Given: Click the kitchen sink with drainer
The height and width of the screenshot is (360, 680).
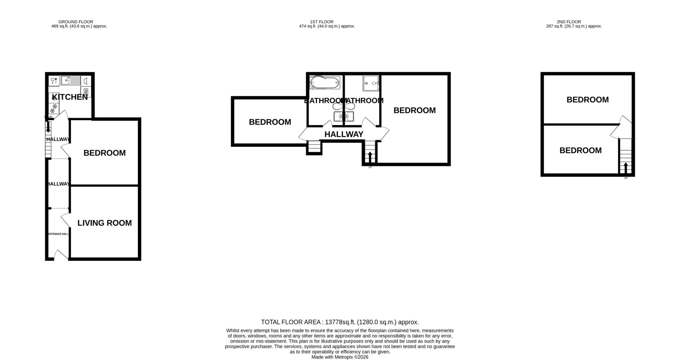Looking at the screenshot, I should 70,80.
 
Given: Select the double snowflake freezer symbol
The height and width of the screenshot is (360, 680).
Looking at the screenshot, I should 53,107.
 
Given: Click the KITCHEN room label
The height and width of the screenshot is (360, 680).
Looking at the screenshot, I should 70,97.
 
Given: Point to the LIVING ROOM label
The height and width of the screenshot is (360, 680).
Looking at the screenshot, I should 105,223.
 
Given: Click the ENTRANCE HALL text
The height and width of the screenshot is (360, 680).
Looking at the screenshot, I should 58,234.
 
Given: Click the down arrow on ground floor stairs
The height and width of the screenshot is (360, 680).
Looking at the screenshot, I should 48,127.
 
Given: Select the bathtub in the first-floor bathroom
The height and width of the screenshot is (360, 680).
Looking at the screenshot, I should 324,82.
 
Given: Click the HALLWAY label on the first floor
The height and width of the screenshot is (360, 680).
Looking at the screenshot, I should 344,134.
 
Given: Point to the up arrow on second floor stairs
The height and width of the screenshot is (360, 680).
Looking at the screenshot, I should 626,168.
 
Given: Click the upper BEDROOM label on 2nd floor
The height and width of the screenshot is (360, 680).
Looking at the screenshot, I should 587,100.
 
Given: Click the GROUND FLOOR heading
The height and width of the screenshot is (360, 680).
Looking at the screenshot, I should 76,22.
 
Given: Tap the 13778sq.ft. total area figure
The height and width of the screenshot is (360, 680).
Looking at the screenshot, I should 340,322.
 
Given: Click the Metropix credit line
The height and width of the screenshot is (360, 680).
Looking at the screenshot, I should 340,357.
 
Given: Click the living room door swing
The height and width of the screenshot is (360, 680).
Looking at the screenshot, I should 65,220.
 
